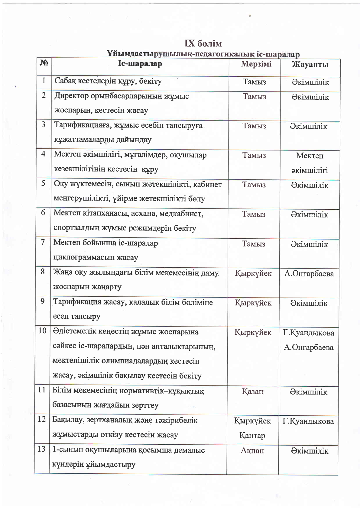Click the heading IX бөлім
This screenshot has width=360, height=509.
tap(203, 44)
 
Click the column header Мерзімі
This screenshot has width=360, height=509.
tap(256, 64)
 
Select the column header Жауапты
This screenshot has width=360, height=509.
tap(310, 64)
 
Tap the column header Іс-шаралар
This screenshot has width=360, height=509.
tap(140, 64)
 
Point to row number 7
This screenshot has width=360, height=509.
tap(43, 242)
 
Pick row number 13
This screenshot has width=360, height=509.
tap(42, 449)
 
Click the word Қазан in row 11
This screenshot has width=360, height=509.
tap(252, 391)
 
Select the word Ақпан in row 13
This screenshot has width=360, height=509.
tap(252, 451)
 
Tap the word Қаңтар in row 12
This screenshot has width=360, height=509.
tap(252, 435)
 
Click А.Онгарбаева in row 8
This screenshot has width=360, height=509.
tap(309, 274)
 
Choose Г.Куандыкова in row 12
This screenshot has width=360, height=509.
tap(308, 421)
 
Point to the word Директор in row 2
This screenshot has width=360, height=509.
tap(71, 96)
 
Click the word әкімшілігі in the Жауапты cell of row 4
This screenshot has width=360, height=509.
tap(310, 170)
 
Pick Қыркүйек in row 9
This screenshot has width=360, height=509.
tap(253, 303)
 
